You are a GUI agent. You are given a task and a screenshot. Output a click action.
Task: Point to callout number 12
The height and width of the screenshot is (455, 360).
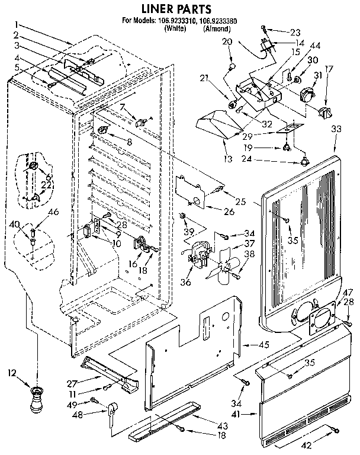(x=11, y=373)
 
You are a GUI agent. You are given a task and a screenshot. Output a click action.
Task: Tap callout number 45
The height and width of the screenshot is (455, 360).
(x=263, y=345)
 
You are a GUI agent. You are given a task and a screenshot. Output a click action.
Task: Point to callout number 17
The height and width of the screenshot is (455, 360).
(x=329, y=69)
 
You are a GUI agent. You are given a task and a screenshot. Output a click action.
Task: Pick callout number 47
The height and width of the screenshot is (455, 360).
(x=348, y=292)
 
